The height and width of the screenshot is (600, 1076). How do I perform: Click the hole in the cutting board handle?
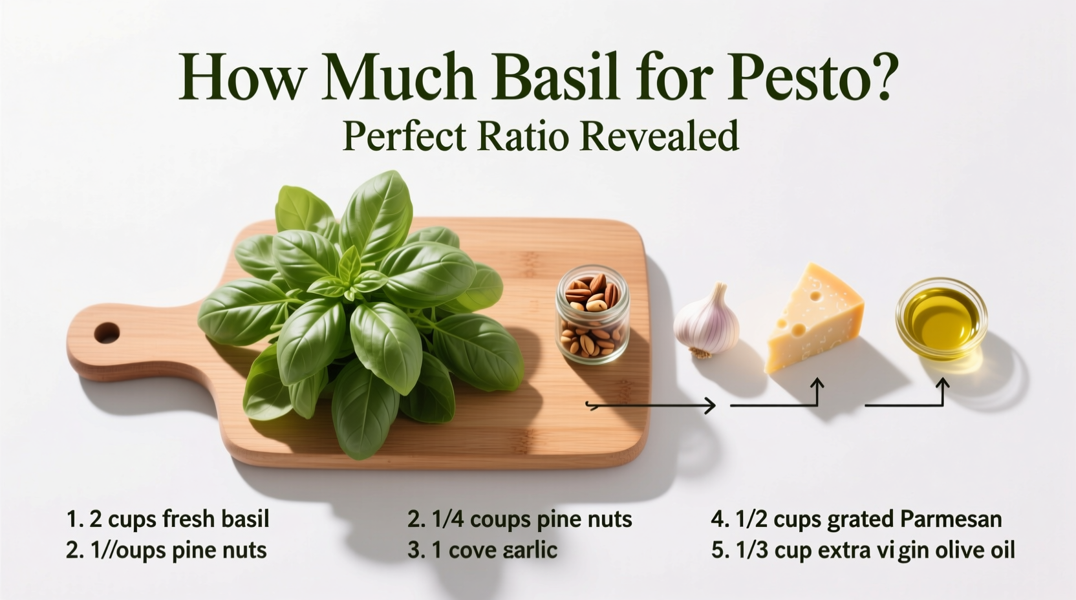107,334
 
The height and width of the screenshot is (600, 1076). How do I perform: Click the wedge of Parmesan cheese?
813,319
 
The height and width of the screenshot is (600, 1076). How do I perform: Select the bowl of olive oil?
941,318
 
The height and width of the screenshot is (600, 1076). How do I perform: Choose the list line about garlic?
482,550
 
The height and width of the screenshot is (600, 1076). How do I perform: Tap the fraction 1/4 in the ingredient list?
446,519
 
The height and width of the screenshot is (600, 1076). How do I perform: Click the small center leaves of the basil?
350,278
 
